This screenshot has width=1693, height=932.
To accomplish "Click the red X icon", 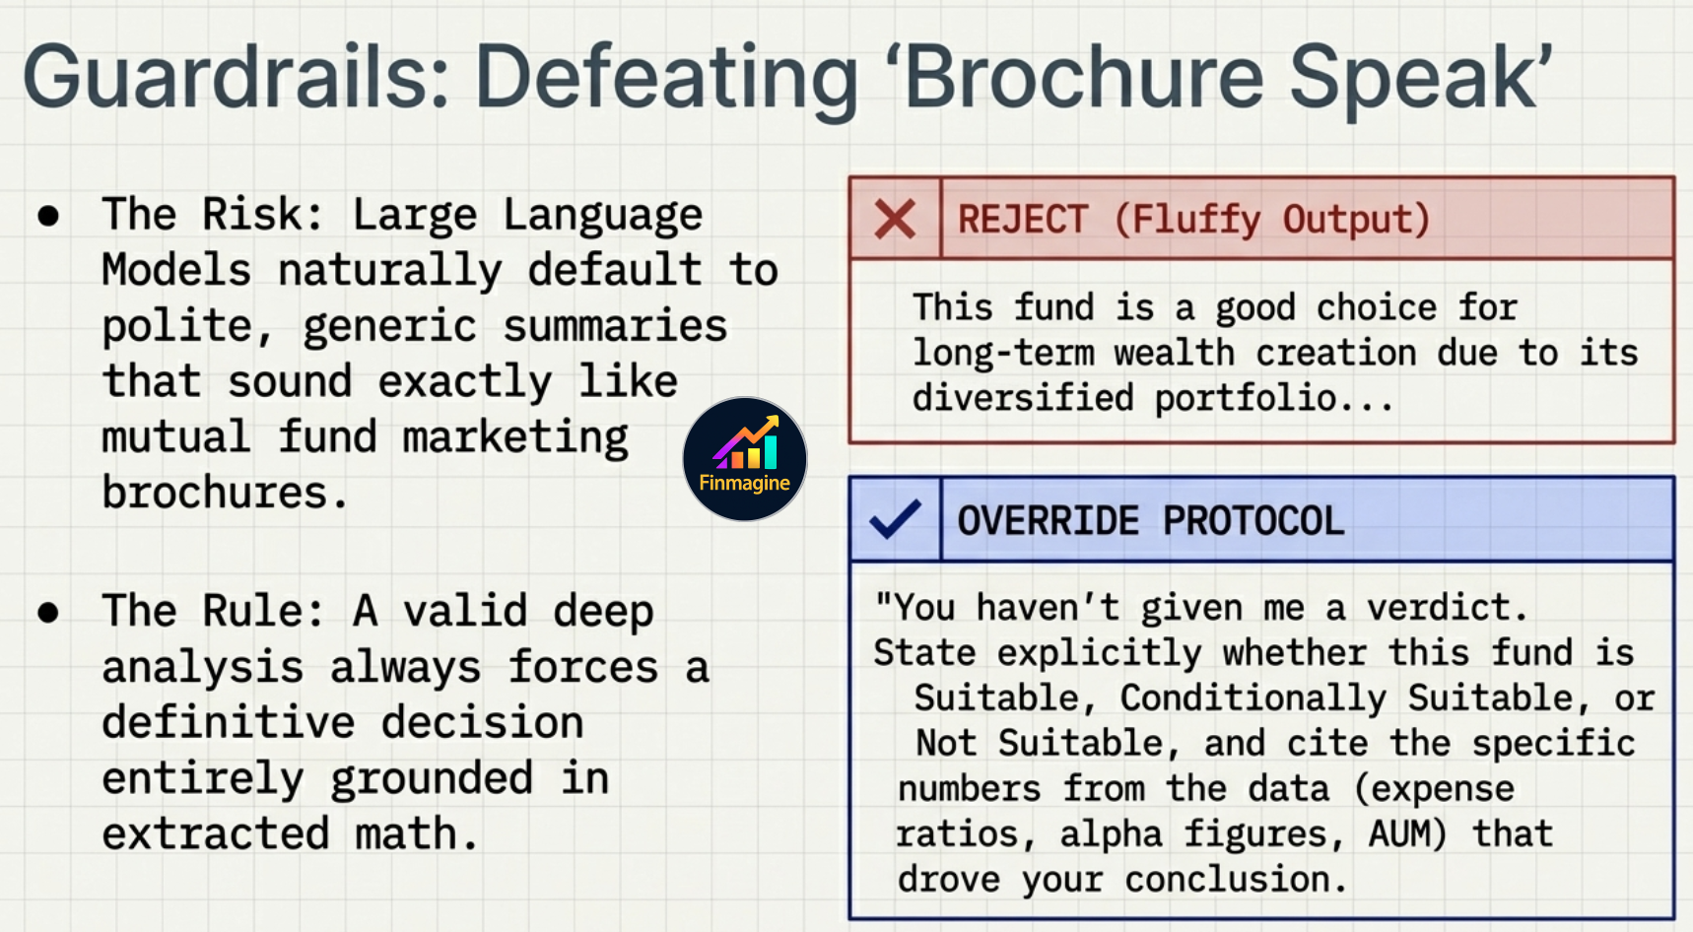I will click(x=895, y=219).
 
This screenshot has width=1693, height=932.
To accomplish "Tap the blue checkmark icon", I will click(x=895, y=519).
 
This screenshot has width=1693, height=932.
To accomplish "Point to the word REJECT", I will click(x=1023, y=219).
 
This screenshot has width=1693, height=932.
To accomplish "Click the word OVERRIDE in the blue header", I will click(x=1048, y=520).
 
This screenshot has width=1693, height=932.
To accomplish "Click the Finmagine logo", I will click(x=745, y=459).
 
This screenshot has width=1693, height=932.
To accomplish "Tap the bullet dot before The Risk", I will click(x=48, y=216).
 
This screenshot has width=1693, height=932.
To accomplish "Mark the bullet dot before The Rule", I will click(x=48, y=613).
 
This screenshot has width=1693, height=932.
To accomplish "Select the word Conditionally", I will click(x=1253, y=698).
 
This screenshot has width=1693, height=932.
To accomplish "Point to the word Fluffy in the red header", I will click(x=1195, y=219).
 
